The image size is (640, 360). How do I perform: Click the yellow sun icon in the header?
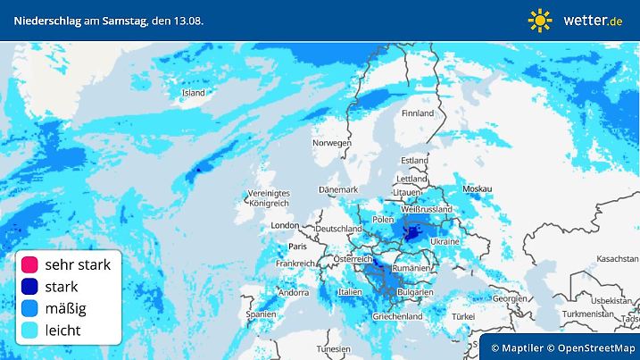click(x=540, y=20)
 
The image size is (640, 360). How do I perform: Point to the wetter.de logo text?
click(x=593, y=20)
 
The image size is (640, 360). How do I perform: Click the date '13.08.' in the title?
click(x=186, y=20)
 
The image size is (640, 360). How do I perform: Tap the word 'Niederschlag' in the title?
click(x=43, y=20)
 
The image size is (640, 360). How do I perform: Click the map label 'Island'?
click(x=194, y=92)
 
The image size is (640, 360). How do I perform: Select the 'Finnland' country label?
click(x=417, y=113)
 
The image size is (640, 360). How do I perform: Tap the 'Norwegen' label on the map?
click(x=331, y=143)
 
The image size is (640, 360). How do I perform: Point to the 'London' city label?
click(x=285, y=225)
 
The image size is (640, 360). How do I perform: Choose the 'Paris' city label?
click(x=297, y=246)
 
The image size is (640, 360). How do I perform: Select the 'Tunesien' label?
click(x=333, y=348)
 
